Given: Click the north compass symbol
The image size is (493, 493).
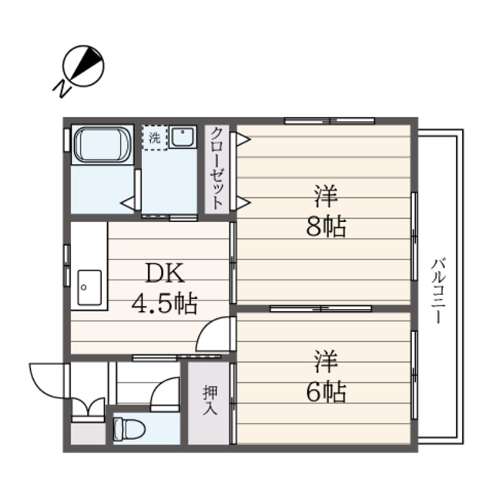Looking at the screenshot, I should click(x=84, y=65).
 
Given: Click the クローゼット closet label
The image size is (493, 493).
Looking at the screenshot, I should click(x=217, y=168).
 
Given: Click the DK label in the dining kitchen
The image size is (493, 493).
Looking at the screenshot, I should click(x=164, y=273).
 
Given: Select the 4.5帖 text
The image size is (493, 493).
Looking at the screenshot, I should click(x=164, y=304).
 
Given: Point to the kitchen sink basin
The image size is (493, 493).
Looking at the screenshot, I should click(x=87, y=288).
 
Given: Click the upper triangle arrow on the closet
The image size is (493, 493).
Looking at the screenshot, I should click(x=243, y=139).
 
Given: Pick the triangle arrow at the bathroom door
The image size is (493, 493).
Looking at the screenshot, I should click(x=127, y=201).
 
